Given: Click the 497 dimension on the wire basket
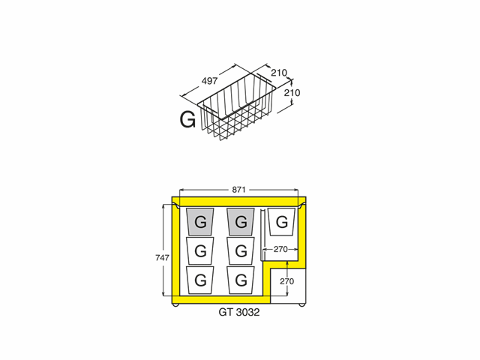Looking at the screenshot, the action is [210, 81].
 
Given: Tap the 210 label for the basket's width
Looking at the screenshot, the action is [279, 73].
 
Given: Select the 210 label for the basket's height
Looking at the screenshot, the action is [292, 92].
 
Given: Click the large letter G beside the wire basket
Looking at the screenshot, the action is [187, 120].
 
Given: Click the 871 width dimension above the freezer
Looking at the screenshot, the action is [238, 190].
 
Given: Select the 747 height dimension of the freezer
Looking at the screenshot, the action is [162, 258].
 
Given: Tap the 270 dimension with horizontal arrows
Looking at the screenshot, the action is [280, 250].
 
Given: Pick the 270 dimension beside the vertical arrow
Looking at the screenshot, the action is [286, 281].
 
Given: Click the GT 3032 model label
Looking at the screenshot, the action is [239, 312].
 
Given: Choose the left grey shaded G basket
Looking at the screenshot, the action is [200, 222].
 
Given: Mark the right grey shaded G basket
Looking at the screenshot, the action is [241, 222].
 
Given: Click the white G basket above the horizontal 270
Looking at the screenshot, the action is [282, 222].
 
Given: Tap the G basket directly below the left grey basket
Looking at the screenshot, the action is [200, 251].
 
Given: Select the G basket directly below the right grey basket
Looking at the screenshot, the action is [241, 251].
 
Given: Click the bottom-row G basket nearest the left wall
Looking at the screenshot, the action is [200, 280].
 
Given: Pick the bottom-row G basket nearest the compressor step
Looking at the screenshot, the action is [241, 280].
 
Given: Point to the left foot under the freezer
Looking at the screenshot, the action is [175, 305].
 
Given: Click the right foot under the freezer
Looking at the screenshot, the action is [301, 305].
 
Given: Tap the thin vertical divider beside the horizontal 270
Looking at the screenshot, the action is [262, 235].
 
